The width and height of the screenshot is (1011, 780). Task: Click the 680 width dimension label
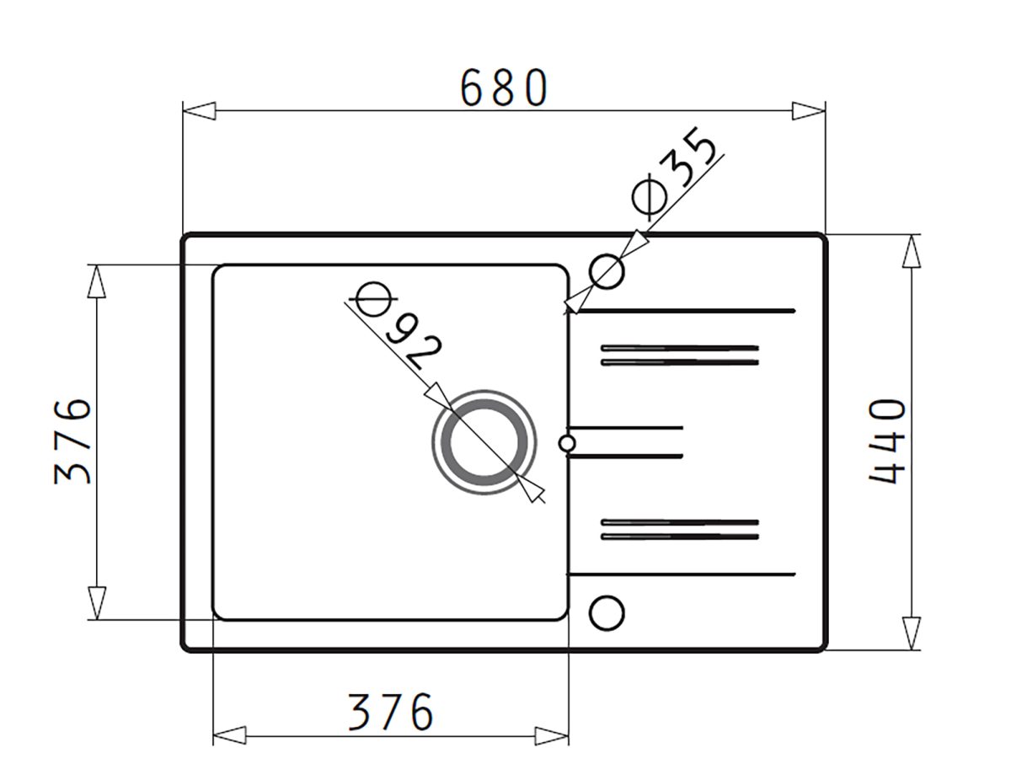(x=505, y=88)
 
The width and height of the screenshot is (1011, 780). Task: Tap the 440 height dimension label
(x=888, y=441)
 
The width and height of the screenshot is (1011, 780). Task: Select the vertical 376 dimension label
(x=72, y=441)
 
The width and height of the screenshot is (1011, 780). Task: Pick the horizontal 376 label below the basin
(x=391, y=712)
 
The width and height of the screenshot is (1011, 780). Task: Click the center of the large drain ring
(x=484, y=442)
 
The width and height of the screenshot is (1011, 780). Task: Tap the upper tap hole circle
(x=607, y=271)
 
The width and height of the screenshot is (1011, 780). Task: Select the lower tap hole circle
(x=607, y=612)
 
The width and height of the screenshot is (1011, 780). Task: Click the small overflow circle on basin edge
(x=567, y=444)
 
